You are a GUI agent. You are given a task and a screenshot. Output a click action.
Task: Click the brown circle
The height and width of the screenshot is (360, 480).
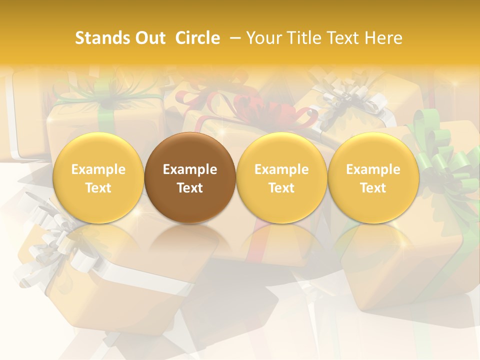tap(190, 178)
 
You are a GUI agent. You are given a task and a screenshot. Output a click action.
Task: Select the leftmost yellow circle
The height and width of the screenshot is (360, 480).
tap(98, 178)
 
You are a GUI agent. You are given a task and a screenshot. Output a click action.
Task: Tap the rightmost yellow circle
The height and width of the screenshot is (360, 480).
tap(373, 178)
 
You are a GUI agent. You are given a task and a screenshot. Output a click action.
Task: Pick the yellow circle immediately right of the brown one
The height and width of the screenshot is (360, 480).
tap(281, 178)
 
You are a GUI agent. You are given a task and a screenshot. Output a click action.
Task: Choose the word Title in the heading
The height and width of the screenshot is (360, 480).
tap(302, 38)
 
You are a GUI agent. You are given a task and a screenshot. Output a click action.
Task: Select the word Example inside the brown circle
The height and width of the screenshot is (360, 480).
tap(190, 170)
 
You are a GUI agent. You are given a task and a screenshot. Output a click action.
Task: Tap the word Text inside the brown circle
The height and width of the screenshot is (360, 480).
tap(190, 188)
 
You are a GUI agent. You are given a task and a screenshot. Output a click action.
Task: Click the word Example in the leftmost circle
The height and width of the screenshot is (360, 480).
tap(98, 170)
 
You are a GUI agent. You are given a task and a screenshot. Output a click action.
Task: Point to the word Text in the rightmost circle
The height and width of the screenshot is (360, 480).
tap(373, 188)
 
